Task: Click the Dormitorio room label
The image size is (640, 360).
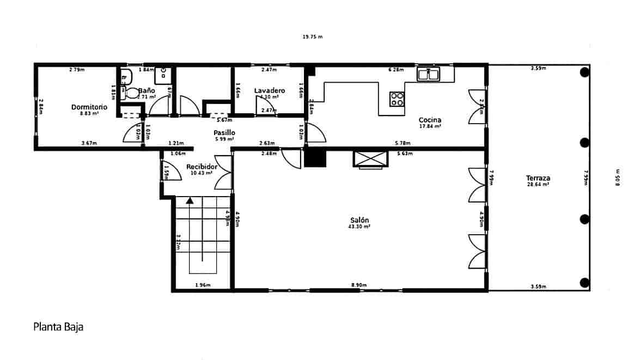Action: tap(89, 107)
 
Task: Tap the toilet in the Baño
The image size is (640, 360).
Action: tap(132, 93)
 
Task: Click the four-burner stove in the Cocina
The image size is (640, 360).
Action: tap(397, 99)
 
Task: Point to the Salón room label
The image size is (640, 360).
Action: tap(359, 220)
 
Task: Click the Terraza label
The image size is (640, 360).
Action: tap(538, 178)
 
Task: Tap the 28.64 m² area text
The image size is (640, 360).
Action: tap(538, 185)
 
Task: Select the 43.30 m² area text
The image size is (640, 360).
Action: tap(359, 227)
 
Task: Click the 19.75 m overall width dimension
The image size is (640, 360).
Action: tap(313, 37)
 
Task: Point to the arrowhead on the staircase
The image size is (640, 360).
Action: tap(190, 200)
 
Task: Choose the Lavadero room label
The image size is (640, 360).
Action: tap(269, 90)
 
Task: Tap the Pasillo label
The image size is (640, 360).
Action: tap(224, 132)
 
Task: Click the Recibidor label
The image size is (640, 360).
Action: tap(202, 167)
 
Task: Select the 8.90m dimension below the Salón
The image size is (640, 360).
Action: tap(359, 285)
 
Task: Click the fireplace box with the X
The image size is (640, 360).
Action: tap(370, 158)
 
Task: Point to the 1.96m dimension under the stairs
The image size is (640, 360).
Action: tap(203, 285)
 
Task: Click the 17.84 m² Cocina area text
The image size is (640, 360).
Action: tap(430, 126)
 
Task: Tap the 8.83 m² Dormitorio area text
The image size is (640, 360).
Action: tap(89, 114)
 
